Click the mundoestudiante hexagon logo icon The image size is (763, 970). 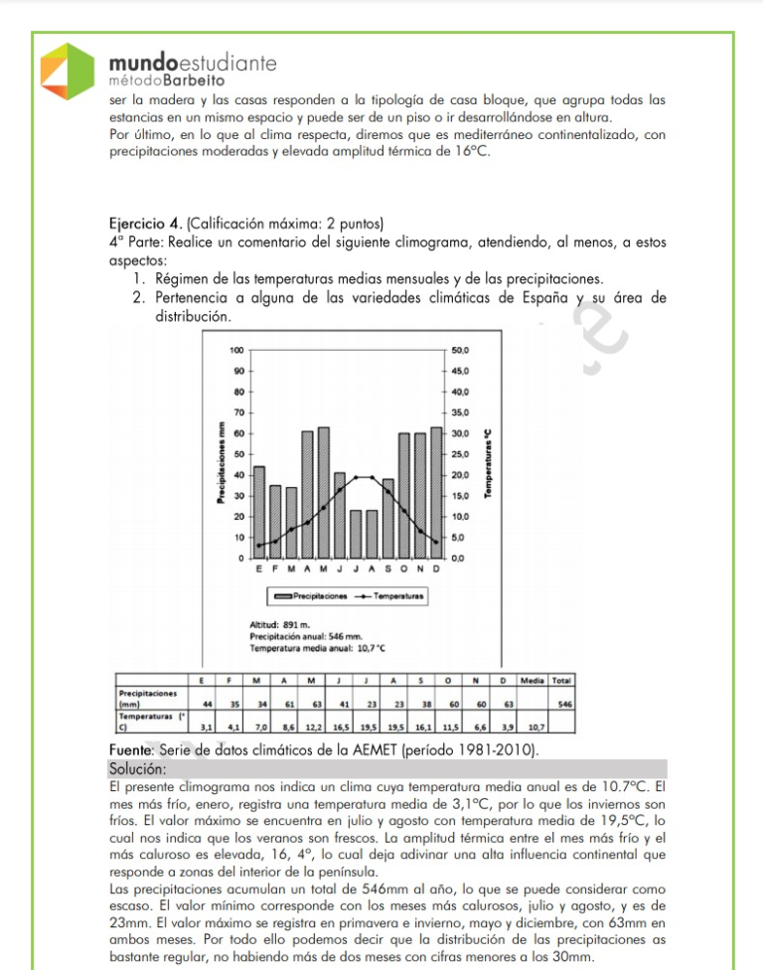(x=67, y=71)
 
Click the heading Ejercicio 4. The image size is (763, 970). (x=148, y=223)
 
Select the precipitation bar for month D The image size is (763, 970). (x=436, y=493)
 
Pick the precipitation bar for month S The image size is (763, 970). (x=388, y=518)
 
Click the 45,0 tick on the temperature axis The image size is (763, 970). (x=460, y=371)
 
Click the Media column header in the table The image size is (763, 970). (x=534, y=680)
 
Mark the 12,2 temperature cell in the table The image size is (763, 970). (x=313, y=727)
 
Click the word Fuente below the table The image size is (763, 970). (x=128, y=748)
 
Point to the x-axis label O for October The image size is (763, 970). (x=404, y=568)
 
